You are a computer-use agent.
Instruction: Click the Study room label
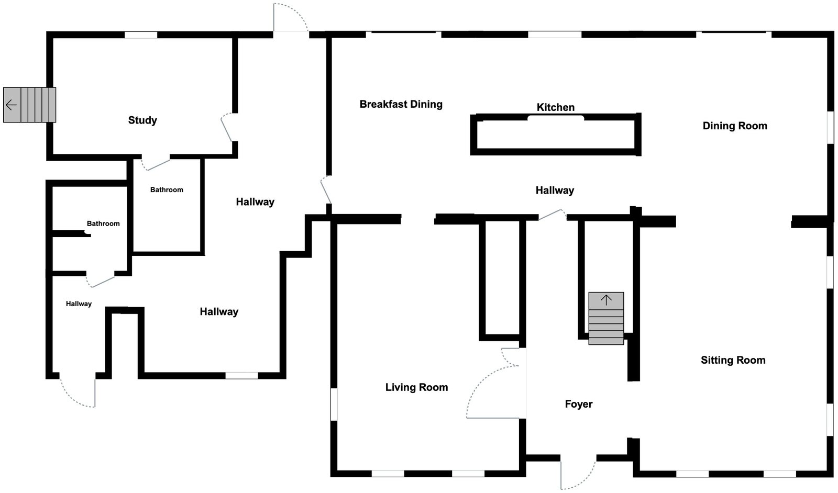[x=142, y=120]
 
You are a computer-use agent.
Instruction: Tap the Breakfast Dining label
[x=401, y=104]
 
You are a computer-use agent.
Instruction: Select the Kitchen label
[x=556, y=107]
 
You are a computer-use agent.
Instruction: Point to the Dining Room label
[x=734, y=126]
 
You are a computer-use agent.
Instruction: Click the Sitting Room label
[x=733, y=360]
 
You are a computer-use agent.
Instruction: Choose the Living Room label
[x=416, y=387]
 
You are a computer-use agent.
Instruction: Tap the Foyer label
[x=578, y=404]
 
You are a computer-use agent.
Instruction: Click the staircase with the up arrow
[x=606, y=318]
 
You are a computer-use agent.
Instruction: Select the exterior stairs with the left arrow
[x=29, y=105]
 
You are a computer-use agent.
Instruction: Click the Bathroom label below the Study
[x=167, y=189]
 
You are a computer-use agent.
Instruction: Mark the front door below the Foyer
[x=578, y=471]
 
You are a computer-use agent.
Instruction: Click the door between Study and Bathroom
[x=156, y=163]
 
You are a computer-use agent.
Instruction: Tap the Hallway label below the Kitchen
[x=555, y=191]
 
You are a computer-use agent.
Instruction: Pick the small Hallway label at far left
[x=79, y=304]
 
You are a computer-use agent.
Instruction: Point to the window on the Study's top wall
[x=141, y=35]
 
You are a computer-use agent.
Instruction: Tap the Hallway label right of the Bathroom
[x=255, y=202]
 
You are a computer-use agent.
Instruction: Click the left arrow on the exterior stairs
[x=11, y=105]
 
